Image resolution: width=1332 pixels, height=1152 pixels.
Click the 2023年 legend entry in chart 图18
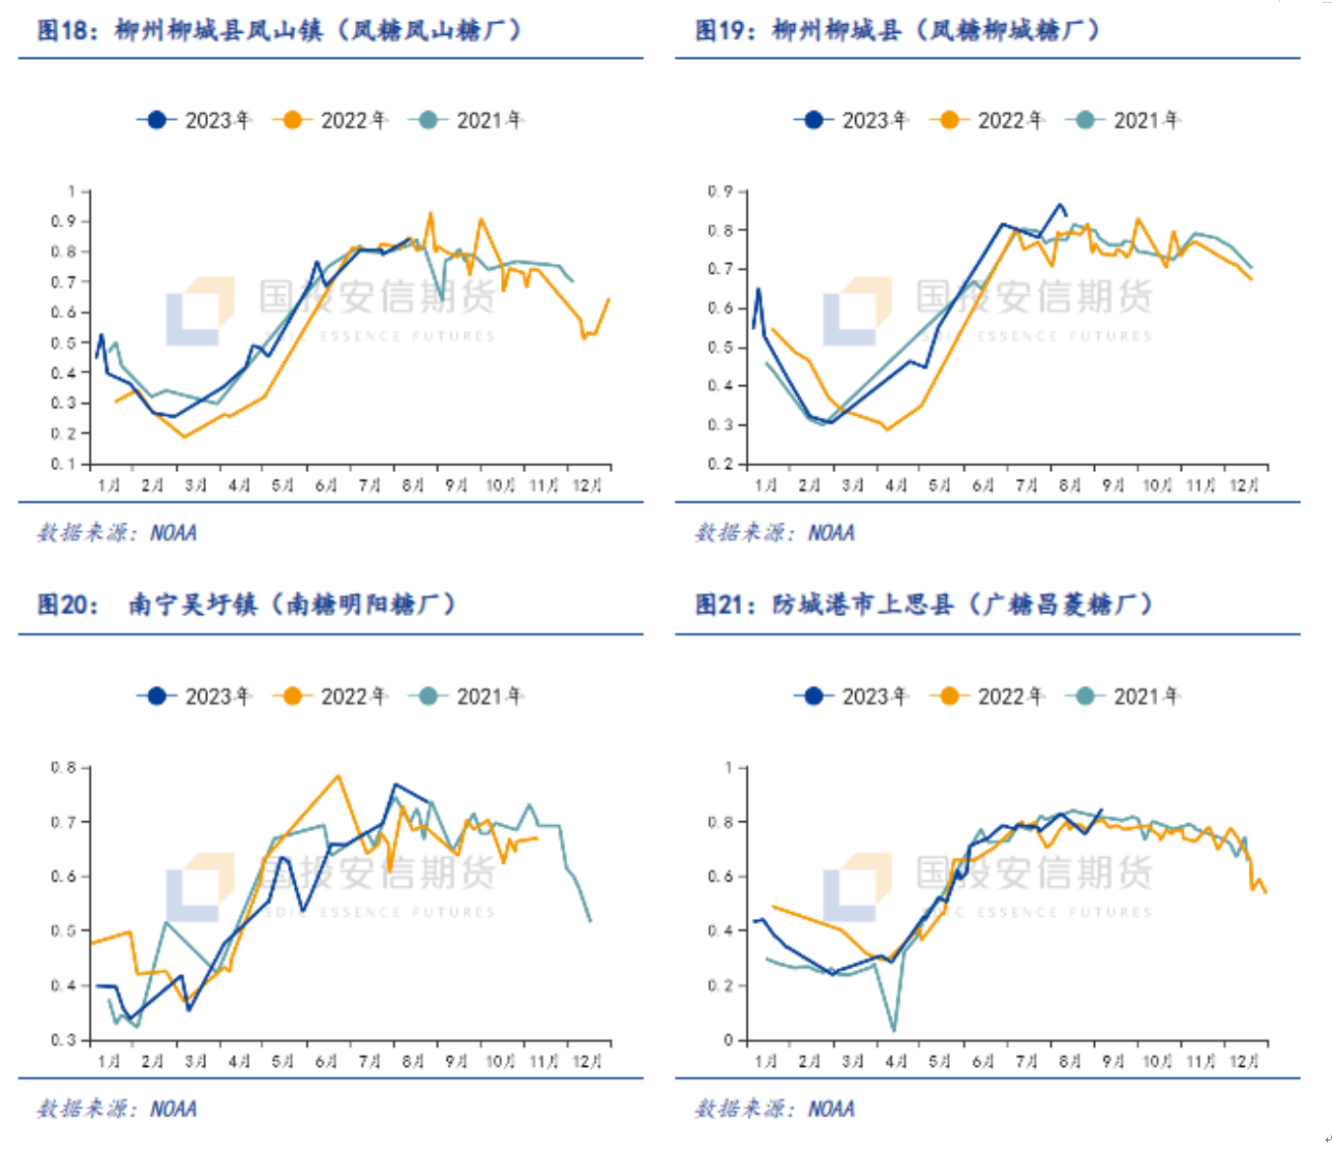tap(194, 120)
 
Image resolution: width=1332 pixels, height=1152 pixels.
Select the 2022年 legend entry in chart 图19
tap(987, 120)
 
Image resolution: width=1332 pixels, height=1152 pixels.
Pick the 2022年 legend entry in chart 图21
tap(987, 696)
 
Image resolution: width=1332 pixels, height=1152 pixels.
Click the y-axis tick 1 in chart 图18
tap(71, 192)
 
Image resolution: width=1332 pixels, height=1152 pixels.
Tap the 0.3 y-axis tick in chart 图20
tap(64, 1040)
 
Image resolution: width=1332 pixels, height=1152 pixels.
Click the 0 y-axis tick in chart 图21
tap(728, 1041)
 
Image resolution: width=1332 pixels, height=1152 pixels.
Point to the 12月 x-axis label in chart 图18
tap(587, 485)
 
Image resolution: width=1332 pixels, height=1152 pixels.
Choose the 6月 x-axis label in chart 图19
tap(983, 485)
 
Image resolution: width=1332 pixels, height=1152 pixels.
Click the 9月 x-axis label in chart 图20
tap(457, 1061)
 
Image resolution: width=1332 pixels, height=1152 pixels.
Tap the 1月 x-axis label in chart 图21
tap(765, 1061)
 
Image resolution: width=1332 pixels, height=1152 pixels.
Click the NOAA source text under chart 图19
tap(831, 533)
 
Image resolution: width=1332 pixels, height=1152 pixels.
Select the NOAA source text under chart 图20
tap(173, 1108)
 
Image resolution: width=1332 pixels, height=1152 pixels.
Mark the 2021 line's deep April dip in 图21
tap(894, 1030)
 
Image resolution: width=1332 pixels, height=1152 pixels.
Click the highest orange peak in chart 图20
tap(338, 776)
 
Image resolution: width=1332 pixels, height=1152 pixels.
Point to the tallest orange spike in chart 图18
tap(430, 213)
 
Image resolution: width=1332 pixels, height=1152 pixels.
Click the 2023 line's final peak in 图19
tap(1059, 204)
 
